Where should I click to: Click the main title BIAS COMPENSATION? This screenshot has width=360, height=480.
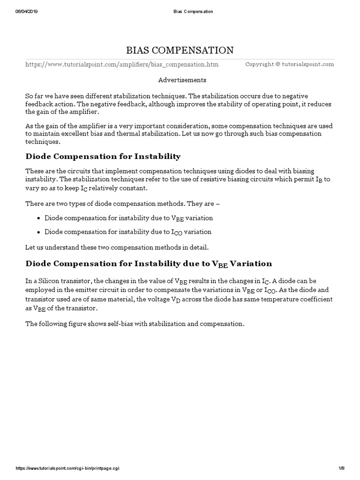coord(180,50)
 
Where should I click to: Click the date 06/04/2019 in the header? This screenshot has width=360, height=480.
coord(26,12)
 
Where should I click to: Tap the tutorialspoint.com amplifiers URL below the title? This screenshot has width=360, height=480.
coord(122,64)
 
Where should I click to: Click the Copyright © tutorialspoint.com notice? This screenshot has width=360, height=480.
coord(290,64)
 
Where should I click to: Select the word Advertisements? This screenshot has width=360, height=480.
coord(182,80)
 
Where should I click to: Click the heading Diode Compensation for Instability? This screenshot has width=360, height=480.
coord(103,156)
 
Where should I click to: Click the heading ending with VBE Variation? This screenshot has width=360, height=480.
coord(148,263)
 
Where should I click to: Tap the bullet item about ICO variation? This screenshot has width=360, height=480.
coord(127,232)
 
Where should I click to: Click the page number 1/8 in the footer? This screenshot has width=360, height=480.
coord(341,469)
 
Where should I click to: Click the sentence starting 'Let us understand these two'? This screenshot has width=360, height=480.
coord(117,247)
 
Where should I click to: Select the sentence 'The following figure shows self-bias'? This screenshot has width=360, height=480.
coord(135,323)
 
